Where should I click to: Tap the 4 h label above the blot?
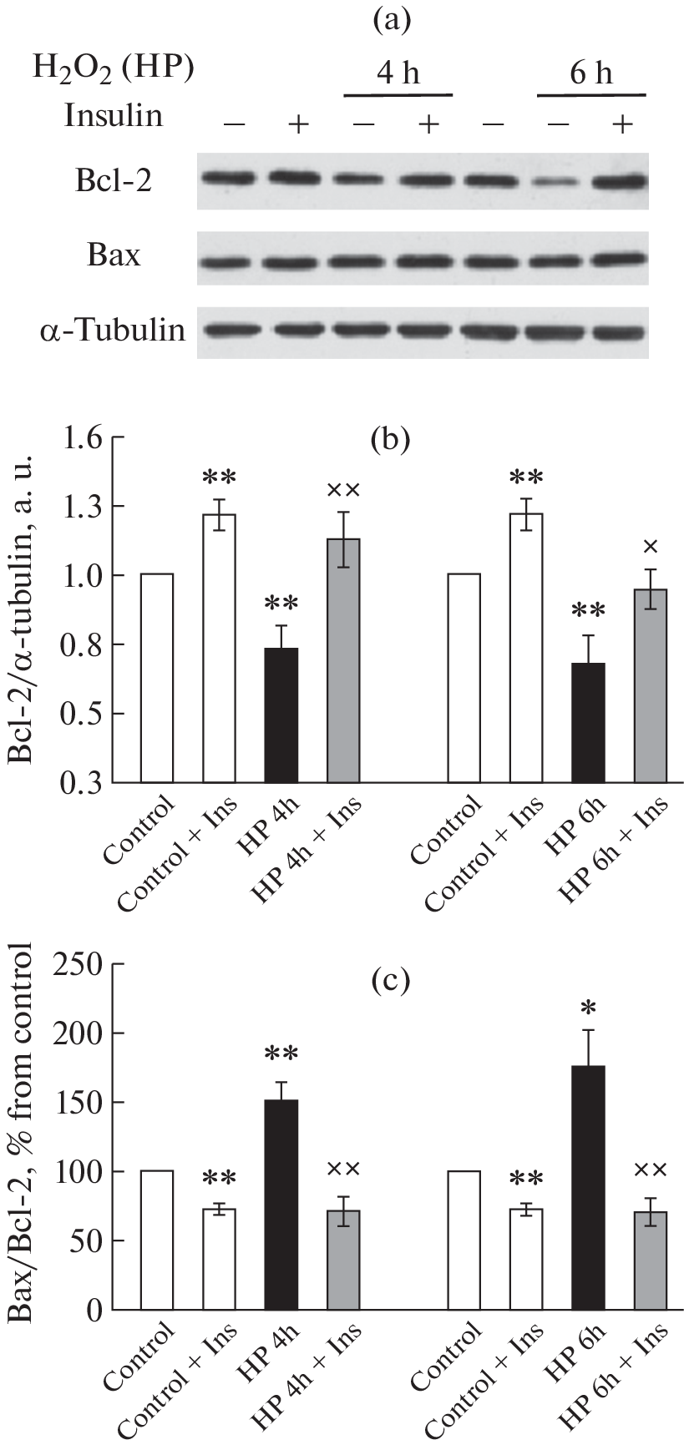point(398,74)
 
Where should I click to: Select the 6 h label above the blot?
point(590,74)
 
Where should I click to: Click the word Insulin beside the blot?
point(114,116)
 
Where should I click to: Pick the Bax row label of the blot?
point(114,255)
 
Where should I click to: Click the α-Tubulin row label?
point(112,330)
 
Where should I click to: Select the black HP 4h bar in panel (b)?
point(281,715)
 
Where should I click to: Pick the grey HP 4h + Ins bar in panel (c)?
point(343,1260)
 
